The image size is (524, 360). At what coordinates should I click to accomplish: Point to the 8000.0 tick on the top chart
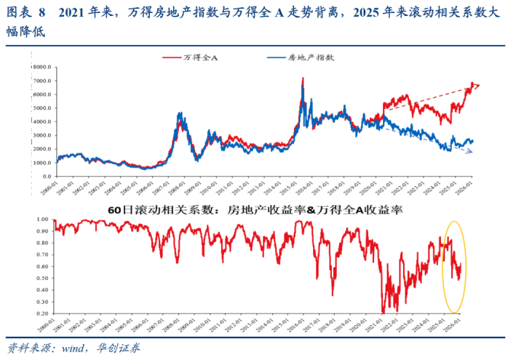tap(42, 67)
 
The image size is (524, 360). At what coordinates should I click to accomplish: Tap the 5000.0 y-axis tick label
tap(42, 108)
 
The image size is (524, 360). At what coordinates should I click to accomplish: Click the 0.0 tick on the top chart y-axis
tap(47, 177)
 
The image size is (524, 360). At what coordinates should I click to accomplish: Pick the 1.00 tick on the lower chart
tap(44, 219)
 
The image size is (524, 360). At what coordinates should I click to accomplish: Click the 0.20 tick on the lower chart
tap(44, 313)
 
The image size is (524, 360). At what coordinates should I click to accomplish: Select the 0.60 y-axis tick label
tap(44, 266)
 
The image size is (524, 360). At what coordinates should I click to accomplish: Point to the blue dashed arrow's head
tap(473, 152)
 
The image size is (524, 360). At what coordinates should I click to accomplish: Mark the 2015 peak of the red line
tap(302, 78)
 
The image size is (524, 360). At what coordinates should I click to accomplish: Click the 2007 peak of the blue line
tap(180, 113)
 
